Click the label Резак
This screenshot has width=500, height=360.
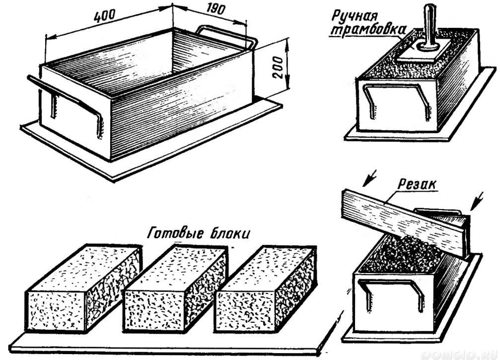(x=419, y=184)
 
